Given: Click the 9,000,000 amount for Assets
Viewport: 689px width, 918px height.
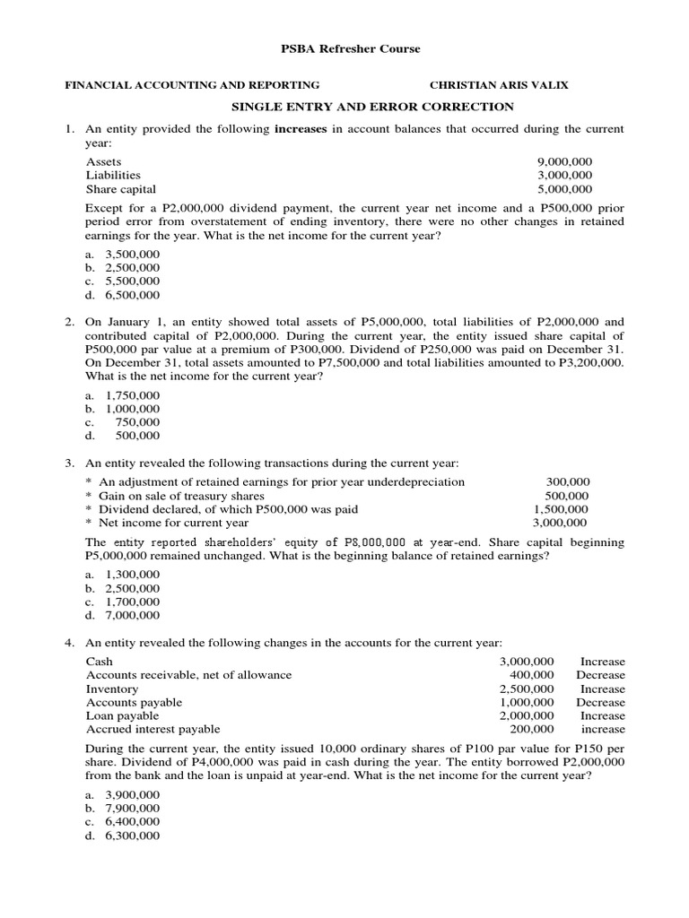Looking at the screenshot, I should click(564, 161).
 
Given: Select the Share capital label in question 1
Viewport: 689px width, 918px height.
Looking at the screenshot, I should click(120, 189).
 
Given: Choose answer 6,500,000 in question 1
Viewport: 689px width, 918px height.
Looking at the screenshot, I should click(133, 295).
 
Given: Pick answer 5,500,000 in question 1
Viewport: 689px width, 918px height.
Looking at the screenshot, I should click(133, 281).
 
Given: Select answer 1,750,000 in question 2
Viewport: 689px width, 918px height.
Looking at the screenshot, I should click(133, 394).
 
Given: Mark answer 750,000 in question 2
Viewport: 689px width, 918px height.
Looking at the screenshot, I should click(137, 421).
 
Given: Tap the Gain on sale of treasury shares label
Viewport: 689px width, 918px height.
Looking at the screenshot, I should click(181, 495).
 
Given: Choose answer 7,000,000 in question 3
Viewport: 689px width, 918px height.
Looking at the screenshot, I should click(133, 615).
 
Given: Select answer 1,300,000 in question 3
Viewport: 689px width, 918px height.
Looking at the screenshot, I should click(133, 574).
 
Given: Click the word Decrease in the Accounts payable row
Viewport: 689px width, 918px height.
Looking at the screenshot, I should click(600, 702).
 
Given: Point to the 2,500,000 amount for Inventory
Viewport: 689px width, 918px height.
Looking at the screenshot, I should click(527, 688).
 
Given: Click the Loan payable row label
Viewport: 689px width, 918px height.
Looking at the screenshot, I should click(122, 715).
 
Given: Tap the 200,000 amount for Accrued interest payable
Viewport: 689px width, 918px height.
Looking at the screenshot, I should click(531, 729).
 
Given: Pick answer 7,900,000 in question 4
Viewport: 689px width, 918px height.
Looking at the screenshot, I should click(133, 808).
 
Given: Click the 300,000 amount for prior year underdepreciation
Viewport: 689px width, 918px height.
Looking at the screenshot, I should click(567, 481).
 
